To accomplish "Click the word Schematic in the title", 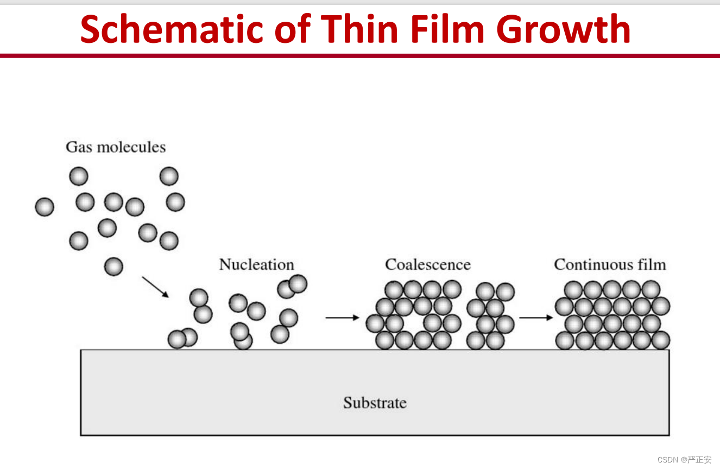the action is point(172,29).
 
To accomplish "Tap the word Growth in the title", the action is point(563,29).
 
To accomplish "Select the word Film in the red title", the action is point(447,29).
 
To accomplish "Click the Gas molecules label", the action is point(116,147).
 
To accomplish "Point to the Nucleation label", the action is point(256,265).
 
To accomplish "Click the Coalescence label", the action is point(428,265).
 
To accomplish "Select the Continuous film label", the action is point(610,265).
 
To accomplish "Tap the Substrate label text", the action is point(375,403).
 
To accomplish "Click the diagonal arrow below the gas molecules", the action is point(156,287).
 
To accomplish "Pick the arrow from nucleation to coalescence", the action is point(342,318).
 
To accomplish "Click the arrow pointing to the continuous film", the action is point(536,318).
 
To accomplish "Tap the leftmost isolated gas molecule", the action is point(45,207).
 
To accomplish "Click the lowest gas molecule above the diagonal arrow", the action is point(114,267).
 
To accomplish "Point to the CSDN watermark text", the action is point(684,460).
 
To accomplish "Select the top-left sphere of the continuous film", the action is point(573,290).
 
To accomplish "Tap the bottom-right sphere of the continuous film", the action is point(661,340).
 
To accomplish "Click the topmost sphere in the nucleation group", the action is point(298,284).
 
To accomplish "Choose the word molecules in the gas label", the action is point(131,147).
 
